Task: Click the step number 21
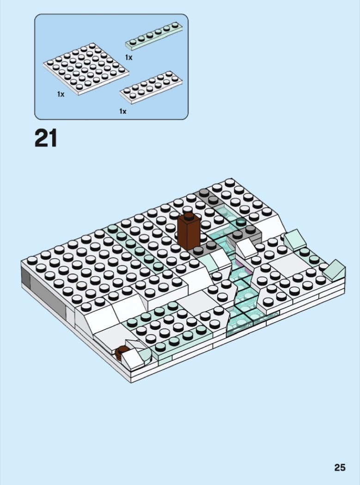[x=46, y=138]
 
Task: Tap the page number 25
[x=340, y=467]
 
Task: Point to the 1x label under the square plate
[x=61, y=94]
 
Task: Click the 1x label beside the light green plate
[x=128, y=57]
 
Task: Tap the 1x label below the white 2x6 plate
[x=122, y=111]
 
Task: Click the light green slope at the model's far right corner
[x=334, y=269]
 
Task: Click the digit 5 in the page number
[x=342, y=467]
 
